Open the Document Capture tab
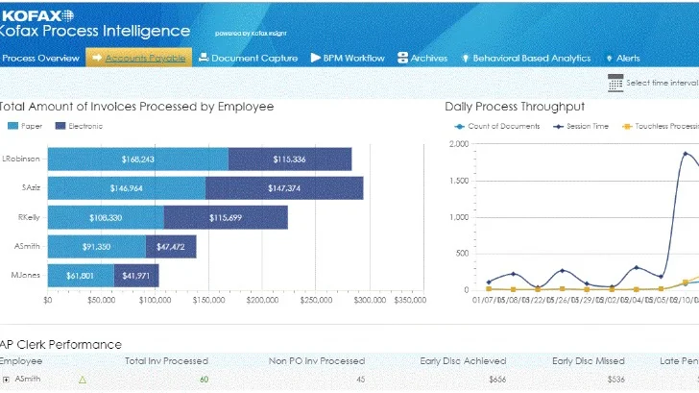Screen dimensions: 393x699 tap(248, 59)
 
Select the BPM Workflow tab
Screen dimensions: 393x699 tap(347, 59)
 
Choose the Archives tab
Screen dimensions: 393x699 tap(422, 59)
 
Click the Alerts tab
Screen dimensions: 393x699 tap(622, 59)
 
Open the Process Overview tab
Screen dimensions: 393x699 tap(39, 59)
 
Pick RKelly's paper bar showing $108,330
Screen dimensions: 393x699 tap(106, 218)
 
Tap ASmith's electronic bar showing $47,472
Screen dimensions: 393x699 tap(171, 247)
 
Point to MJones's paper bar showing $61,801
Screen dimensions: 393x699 tap(81, 277)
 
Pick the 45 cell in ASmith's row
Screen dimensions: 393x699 tap(360, 380)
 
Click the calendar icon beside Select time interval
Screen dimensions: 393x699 tap(615, 83)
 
